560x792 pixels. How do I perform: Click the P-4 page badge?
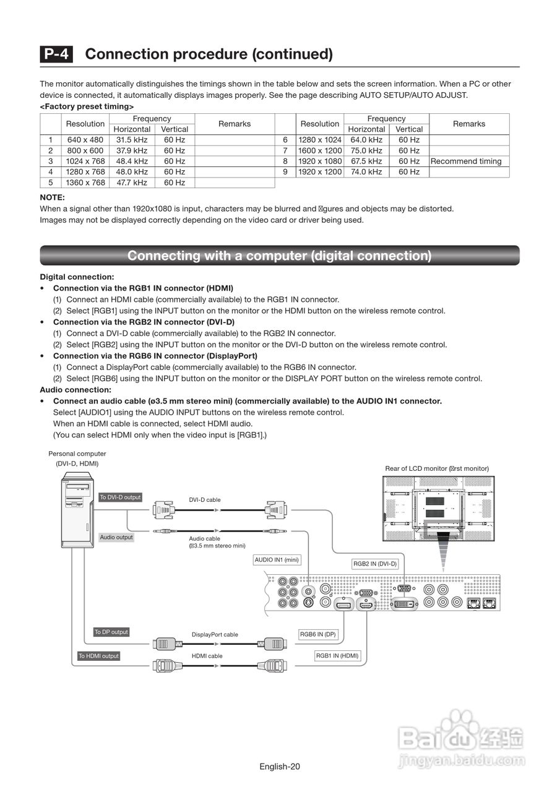[56, 54]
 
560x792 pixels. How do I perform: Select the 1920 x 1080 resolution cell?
[320, 161]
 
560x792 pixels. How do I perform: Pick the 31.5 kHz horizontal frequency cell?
[132, 140]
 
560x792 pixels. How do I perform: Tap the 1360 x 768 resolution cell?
[85, 183]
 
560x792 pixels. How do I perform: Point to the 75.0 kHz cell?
[366, 150]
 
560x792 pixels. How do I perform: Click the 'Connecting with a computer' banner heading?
[280, 256]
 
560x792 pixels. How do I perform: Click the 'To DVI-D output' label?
[120, 497]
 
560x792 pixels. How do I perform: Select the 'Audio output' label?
[116, 537]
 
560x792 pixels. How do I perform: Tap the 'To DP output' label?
[111, 632]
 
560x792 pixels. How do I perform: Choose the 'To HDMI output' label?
[98, 656]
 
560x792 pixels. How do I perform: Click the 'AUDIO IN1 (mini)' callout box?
[277, 560]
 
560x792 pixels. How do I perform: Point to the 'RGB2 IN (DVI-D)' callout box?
[374, 564]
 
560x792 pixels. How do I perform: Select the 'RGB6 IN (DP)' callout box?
[318, 634]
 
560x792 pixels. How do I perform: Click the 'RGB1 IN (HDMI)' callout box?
[337, 656]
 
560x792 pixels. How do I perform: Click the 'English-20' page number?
[280, 767]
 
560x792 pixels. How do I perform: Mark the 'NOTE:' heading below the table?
[52, 197]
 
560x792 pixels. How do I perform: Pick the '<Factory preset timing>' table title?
[87, 106]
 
